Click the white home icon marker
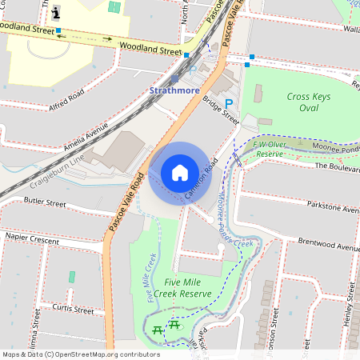(x=180, y=173)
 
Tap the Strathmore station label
(x=174, y=91)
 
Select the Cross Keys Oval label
(x=308, y=102)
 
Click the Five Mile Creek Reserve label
(x=187, y=288)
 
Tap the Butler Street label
(x=45, y=203)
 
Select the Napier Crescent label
(x=30, y=238)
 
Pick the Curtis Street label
(x=72, y=309)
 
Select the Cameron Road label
(x=201, y=180)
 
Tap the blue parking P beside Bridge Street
(x=229, y=103)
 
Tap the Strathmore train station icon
(x=174, y=78)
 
